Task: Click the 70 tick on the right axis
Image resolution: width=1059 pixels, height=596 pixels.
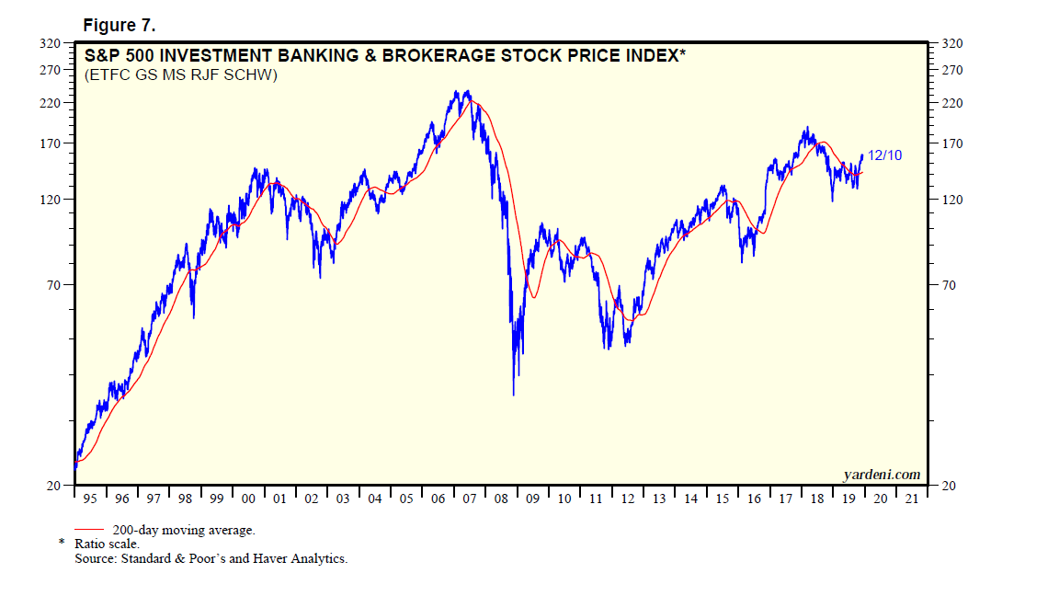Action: [948, 285]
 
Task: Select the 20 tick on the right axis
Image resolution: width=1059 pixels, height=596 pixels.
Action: [948, 486]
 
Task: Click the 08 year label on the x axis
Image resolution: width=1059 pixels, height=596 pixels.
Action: [501, 499]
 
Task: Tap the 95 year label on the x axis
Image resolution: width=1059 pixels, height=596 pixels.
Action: [89, 499]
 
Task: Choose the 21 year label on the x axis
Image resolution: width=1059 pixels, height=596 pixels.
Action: [911, 499]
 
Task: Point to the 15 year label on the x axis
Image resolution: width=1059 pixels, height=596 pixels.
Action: [723, 499]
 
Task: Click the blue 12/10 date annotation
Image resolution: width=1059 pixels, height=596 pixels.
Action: [884, 155]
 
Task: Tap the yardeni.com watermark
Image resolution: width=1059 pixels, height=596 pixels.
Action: [881, 475]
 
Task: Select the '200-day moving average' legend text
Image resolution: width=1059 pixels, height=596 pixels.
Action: [183, 531]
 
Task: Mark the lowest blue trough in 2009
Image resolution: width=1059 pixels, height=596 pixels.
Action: [513, 395]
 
